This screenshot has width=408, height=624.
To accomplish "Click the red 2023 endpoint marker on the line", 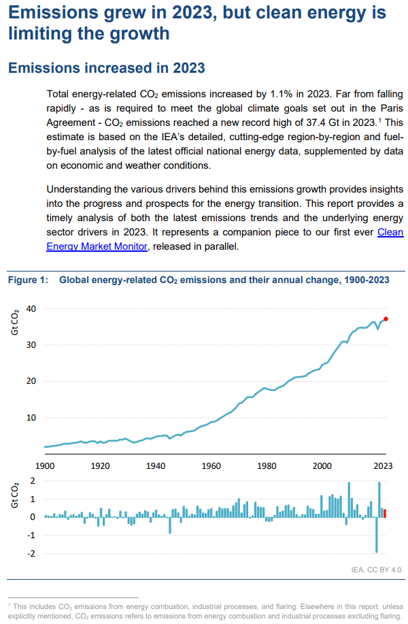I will coord(386,318).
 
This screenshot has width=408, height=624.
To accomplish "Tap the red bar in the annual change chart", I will coord(385,513).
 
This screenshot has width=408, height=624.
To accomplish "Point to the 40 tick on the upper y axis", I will coord(31,309).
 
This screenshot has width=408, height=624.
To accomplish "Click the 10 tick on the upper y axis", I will coord(31,417).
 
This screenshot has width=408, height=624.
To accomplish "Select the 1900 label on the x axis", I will coord(45,466).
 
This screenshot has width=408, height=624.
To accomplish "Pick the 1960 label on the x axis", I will coord(212,466).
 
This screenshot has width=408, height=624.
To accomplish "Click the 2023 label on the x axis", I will coord(382,466).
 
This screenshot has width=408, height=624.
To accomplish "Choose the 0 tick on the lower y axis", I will coord(33,517).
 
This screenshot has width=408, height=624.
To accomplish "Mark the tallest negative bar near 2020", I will coord(376,535).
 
